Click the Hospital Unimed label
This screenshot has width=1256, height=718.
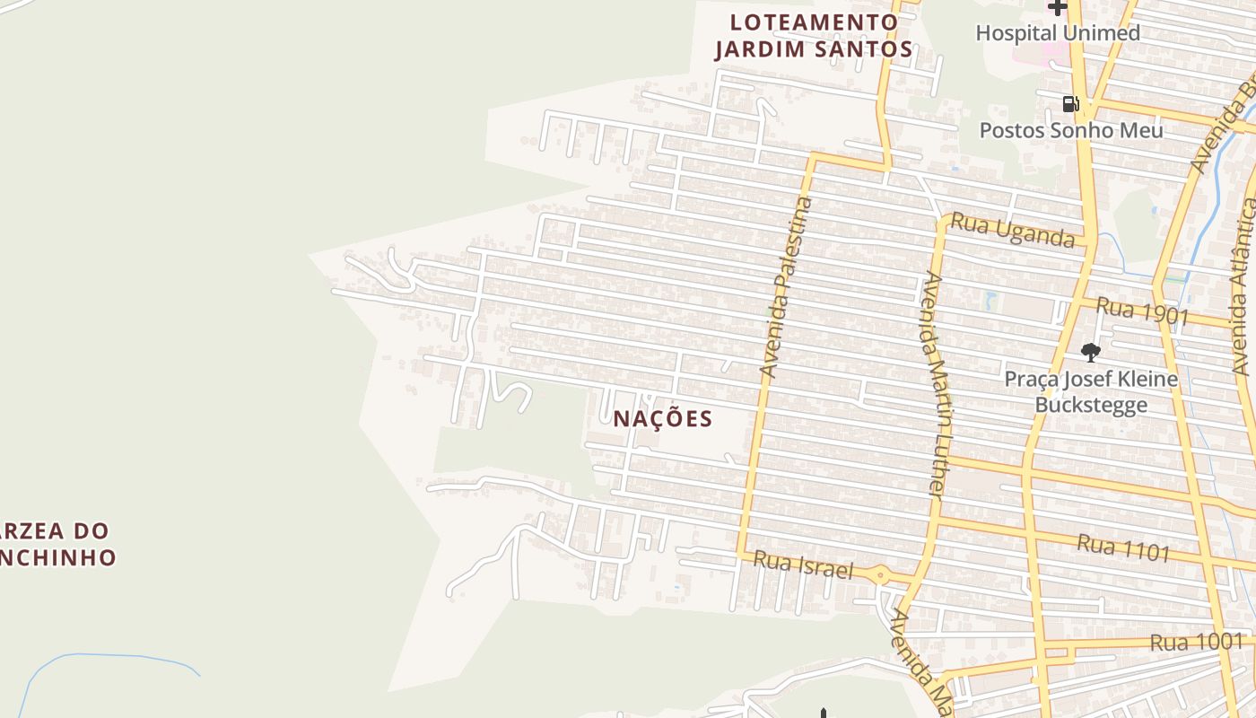click(x=1057, y=33)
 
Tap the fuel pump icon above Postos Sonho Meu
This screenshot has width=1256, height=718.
click(x=1069, y=104)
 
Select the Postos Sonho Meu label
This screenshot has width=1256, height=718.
click(x=1070, y=130)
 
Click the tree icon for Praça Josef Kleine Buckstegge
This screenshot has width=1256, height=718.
click(x=1090, y=352)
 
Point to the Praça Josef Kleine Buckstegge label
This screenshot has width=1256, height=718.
click(x=1090, y=391)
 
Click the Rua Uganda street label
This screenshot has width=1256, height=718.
click(x=1012, y=230)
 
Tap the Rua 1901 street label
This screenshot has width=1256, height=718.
click(x=1142, y=311)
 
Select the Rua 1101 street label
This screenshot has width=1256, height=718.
click(x=1123, y=547)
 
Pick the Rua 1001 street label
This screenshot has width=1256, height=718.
click(x=1197, y=642)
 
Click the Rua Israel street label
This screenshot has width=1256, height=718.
click(x=803, y=565)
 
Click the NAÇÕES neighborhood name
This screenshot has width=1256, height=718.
click(x=663, y=418)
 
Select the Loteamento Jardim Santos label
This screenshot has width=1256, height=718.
click(x=814, y=36)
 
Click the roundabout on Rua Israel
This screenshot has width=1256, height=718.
click(x=881, y=575)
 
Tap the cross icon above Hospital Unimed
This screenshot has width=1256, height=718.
click(x=1058, y=8)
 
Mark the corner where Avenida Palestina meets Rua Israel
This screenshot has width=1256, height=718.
click(x=741, y=551)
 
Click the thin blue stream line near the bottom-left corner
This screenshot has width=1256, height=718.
click(x=108, y=656)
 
